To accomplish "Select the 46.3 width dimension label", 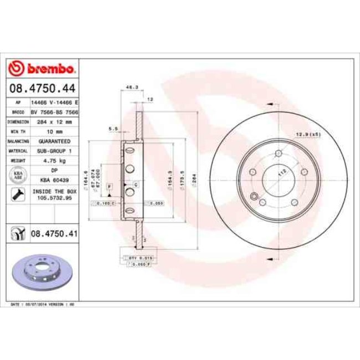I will tap(132, 87).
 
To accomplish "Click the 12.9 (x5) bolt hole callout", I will tap(308, 135).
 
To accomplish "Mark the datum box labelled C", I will tap(135, 183).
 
